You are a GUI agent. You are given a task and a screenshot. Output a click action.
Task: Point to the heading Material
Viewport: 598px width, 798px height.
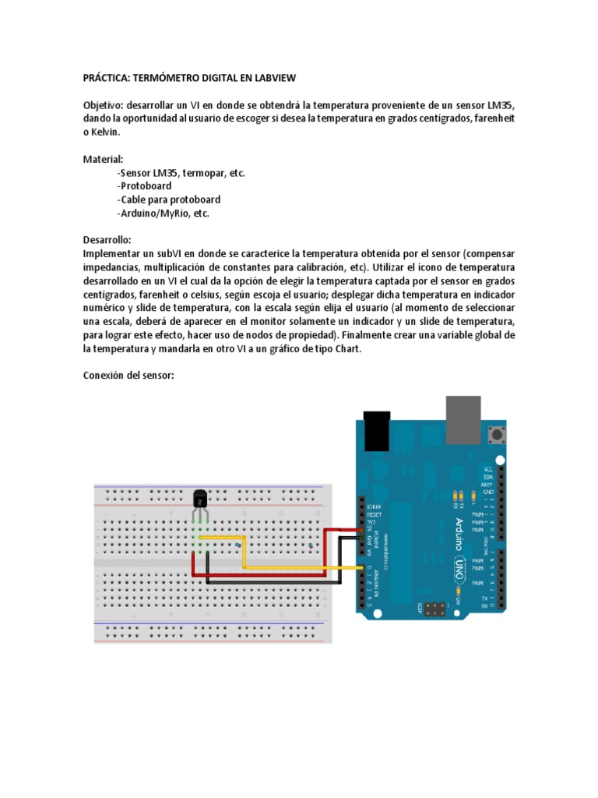[103, 159]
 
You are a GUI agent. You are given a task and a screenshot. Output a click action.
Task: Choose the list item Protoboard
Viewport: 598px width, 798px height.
[144, 186]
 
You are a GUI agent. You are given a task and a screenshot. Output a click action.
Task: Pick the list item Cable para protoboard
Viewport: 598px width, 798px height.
[169, 199]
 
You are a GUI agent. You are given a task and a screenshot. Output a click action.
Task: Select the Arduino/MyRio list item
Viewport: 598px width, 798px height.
[163, 213]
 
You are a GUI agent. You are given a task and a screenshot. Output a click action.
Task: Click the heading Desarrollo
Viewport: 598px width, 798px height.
[107, 240]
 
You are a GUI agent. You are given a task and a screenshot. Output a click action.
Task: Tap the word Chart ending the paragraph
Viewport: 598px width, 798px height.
[346, 348]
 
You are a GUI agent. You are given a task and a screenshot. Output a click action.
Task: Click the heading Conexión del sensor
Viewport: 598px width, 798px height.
[128, 376]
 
